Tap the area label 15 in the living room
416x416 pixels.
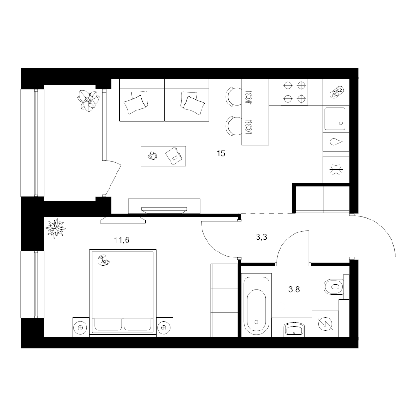pos(221,153)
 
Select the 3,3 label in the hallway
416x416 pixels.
pos(262,238)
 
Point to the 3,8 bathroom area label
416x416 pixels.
pos(294,290)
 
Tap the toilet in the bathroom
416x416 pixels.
pos(334,287)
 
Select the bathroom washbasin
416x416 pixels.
pos(294,329)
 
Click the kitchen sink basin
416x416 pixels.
pos(335,118)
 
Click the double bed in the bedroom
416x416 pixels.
pos(122,291)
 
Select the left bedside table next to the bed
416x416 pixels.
pos(81,327)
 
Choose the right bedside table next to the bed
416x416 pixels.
pos(164,327)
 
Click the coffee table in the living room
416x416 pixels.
pos(164,156)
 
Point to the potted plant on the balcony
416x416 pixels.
pos(89,99)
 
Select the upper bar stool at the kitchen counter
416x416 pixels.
pos(232,96)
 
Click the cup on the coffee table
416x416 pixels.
pos(152,156)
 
